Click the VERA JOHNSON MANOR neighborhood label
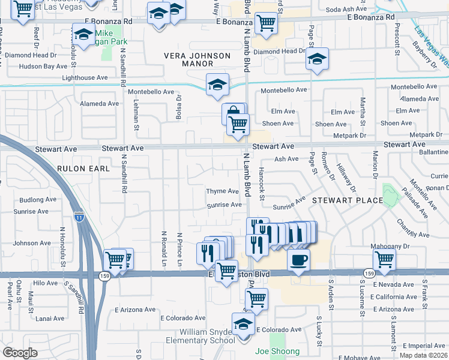[197, 61]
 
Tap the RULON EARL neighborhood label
[83, 169]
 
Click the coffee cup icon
[298, 259]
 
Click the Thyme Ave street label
[223, 191]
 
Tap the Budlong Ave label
[37, 200]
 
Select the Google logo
[20, 353]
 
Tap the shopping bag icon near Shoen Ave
[234, 113]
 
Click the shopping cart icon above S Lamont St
[385, 260]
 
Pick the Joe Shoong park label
[277, 351]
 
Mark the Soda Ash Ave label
[346, 10]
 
